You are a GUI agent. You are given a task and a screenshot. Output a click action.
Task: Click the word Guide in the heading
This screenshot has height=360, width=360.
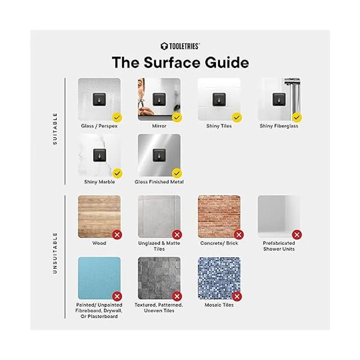[227, 63]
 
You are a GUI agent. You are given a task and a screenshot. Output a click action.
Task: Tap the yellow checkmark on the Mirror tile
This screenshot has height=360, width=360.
[177, 118]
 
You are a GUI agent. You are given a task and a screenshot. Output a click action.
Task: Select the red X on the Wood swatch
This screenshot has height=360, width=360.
[117, 235]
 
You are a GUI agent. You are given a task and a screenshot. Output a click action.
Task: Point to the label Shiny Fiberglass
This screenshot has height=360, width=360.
[279, 126]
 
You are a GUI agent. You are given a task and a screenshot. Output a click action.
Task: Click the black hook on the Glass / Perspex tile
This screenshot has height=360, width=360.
[99, 99]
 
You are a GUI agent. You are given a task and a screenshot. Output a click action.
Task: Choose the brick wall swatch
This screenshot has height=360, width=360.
[219, 217]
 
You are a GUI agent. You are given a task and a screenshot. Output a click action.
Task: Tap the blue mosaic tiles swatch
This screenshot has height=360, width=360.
[219, 278]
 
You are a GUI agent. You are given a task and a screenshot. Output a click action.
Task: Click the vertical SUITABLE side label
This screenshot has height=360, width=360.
[55, 129]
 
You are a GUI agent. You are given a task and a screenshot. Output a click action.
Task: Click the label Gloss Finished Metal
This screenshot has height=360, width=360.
[159, 182]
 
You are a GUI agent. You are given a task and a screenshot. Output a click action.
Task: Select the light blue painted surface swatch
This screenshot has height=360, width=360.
[99, 278]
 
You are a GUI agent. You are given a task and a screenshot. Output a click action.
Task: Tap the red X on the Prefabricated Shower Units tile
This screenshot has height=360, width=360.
[297, 235]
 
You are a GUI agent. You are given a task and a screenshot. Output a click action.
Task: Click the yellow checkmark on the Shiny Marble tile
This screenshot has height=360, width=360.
[117, 174]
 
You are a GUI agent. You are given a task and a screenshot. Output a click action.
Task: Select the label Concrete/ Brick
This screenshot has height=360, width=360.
[219, 243]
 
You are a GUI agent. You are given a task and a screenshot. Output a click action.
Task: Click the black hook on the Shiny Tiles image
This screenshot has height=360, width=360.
[219, 99]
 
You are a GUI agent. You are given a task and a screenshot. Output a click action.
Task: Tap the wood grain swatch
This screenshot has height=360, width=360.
[99, 217]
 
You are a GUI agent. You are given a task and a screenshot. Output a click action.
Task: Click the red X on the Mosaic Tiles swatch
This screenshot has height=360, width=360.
[237, 296]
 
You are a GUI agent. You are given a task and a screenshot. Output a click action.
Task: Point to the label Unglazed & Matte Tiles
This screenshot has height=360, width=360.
[159, 246]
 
